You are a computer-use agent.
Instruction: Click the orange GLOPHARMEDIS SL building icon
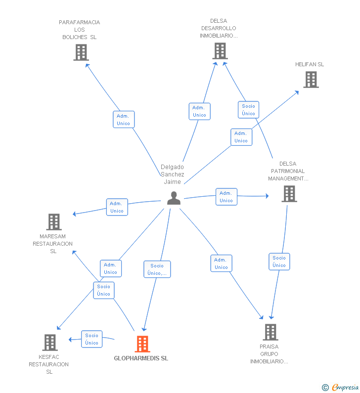[x=142, y=344]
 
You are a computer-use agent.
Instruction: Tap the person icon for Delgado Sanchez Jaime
[x=174, y=198]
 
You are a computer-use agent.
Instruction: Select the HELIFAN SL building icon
[x=311, y=80]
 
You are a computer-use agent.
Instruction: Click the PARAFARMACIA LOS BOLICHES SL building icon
[x=81, y=52]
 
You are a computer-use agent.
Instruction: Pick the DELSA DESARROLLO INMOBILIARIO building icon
[x=220, y=51]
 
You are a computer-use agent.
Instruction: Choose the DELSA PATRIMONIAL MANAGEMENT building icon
[x=289, y=194]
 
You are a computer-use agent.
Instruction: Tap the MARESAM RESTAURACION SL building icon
[x=54, y=222]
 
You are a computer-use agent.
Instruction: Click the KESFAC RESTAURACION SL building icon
[x=50, y=343]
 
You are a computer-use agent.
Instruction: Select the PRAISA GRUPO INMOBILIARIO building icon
[x=270, y=332]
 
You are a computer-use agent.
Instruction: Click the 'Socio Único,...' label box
[x=157, y=269]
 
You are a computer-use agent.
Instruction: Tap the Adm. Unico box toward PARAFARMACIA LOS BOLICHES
[x=124, y=120]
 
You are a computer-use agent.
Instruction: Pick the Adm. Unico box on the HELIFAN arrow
[x=241, y=137]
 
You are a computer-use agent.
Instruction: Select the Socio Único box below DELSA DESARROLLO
[x=248, y=110]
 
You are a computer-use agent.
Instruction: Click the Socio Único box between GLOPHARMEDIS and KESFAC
[x=92, y=339]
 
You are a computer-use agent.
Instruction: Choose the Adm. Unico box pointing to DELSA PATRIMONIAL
[x=226, y=197]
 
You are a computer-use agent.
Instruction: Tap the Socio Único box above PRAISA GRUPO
[x=279, y=262]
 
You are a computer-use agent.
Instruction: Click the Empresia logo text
[x=345, y=387]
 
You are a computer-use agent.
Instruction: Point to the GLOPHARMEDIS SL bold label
[x=141, y=358]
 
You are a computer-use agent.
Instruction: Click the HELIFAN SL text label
[x=310, y=64]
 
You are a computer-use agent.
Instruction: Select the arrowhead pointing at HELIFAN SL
[x=297, y=92]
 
